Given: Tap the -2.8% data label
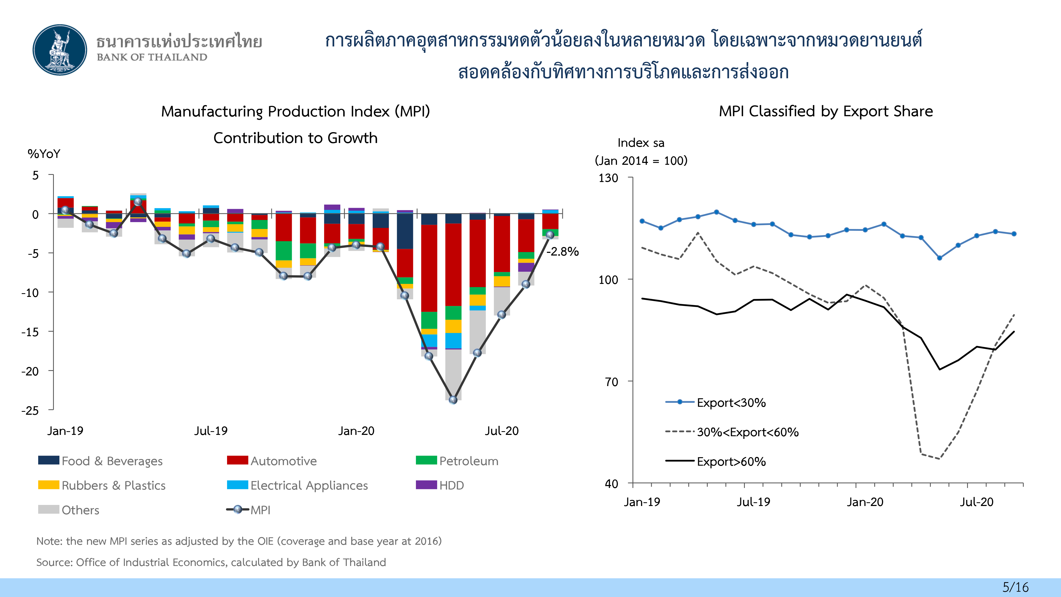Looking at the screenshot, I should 563,251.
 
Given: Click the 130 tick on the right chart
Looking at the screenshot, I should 608,178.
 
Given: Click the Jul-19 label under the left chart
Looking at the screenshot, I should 211,431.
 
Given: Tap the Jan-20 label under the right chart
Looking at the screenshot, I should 865,502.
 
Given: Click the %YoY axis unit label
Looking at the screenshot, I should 44,154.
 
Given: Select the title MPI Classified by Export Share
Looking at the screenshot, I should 826,111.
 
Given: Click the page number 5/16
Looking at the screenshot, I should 1015,587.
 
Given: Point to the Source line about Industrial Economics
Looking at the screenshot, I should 211,563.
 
